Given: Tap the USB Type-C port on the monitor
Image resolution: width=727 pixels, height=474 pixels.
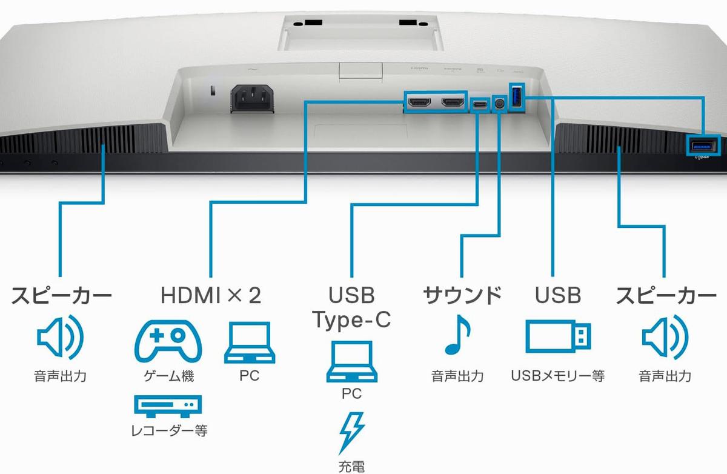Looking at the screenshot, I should [x=480, y=104].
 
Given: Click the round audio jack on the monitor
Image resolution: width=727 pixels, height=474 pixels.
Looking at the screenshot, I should [x=499, y=104].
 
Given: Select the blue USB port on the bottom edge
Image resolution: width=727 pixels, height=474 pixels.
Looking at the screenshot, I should [x=703, y=145].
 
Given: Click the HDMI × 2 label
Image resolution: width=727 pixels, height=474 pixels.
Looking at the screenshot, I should [x=211, y=296].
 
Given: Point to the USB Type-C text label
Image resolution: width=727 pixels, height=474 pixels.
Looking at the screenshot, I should [x=351, y=308].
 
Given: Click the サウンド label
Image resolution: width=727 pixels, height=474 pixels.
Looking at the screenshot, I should [x=462, y=296].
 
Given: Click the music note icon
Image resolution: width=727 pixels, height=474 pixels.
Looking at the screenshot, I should [x=457, y=337].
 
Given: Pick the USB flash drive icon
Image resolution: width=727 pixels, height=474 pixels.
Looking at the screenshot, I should [x=558, y=337].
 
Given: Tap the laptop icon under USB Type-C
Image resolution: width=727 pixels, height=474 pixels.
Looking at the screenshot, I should [x=351, y=361].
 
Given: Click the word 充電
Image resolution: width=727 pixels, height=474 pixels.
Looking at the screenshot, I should [x=351, y=467].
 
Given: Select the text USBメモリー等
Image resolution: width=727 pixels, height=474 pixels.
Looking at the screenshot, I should [x=558, y=376].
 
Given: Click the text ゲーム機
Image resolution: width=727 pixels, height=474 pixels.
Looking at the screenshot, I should [x=168, y=376].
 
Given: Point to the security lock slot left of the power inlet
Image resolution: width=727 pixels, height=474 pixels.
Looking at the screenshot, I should [x=211, y=92].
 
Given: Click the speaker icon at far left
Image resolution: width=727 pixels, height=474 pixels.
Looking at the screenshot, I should [x=60, y=337].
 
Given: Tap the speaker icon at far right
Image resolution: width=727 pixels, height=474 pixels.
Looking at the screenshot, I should [x=665, y=337].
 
